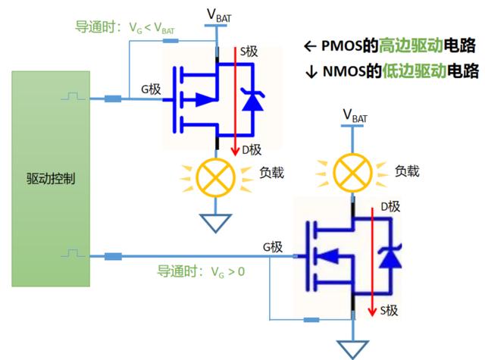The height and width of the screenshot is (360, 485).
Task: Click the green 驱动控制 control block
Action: pos(50,180)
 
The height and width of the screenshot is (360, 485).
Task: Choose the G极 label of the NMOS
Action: pos(272,247)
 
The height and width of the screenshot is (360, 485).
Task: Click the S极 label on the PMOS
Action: pos(249,52)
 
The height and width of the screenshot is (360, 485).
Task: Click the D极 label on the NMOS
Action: pos(390,206)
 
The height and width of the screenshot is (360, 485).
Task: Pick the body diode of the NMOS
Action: pos(390,257)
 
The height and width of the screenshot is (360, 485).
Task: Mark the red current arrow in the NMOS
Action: pos(374,261)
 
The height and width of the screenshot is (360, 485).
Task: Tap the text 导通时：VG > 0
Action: pos(201,270)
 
